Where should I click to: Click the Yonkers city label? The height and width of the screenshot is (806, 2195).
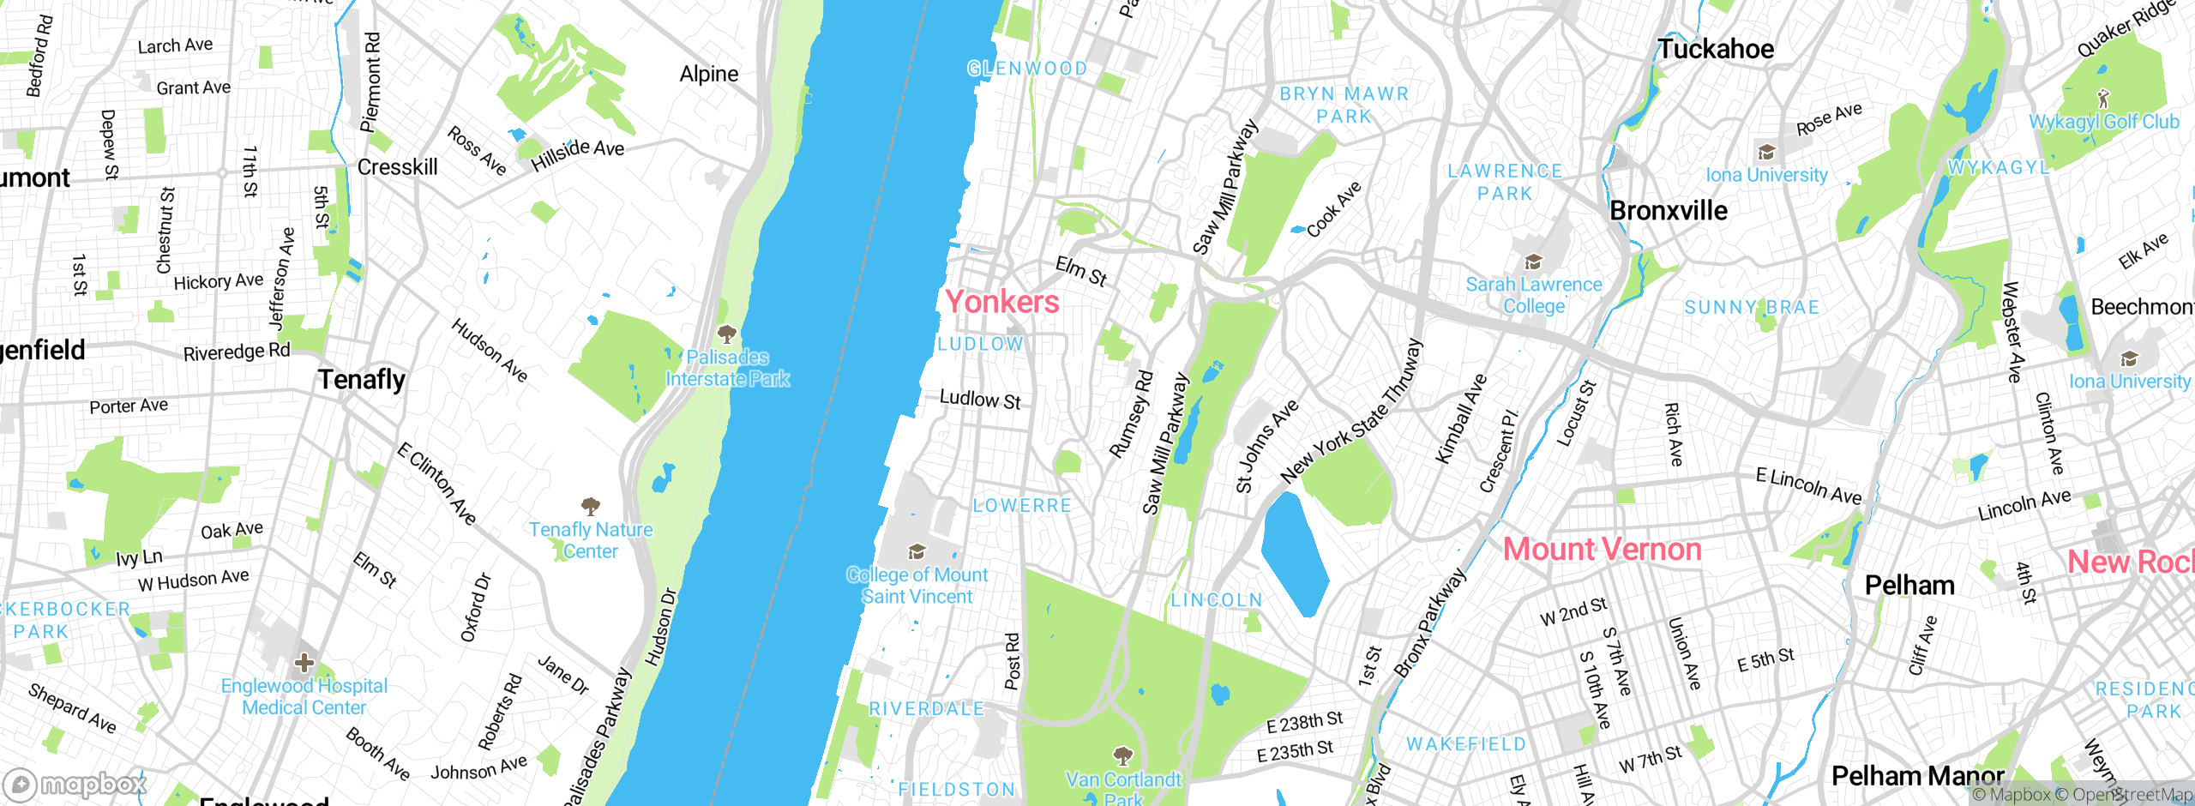pyautogui.click(x=1001, y=302)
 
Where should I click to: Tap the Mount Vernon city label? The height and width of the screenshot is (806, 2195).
pyautogui.click(x=1602, y=550)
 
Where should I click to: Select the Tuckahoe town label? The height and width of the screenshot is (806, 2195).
pyautogui.click(x=1715, y=49)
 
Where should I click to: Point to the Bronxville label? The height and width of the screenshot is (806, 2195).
pyautogui.click(x=1669, y=211)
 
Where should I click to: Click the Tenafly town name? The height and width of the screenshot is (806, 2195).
pyautogui.click(x=361, y=379)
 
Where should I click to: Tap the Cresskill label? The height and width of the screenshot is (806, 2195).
pyautogui.click(x=397, y=167)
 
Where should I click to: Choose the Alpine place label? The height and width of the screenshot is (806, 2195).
pyautogui.click(x=708, y=75)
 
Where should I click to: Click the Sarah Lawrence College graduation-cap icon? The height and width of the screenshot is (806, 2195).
pyautogui.click(x=1533, y=262)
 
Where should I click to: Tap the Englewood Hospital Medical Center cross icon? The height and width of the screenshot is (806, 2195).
pyautogui.click(x=304, y=663)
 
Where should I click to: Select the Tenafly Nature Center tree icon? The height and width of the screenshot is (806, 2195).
pyautogui.click(x=590, y=506)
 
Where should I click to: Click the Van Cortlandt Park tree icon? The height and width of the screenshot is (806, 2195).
pyautogui.click(x=1122, y=755)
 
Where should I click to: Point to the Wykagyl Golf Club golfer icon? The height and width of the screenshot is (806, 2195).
pyautogui.click(x=2102, y=98)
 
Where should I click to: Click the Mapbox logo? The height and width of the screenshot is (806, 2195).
pyautogui.click(x=75, y=785)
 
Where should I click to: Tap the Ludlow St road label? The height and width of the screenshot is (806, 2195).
pyautogui.click(x=980, y=400)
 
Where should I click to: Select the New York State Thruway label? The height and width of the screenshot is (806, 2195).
pyautogui.click(x=1351, y=411)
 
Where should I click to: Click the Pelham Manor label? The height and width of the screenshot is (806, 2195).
pyautogui.click(x=1917, y=776)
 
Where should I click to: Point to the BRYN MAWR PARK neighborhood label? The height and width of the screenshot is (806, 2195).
pyautogui.click(x=1344, y=105)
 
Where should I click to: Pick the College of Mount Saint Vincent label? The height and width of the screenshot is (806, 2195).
pyautogui.click(x=917, y=586)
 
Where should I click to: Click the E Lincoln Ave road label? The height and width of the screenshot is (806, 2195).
pyautogui.click(x=1808, y=486)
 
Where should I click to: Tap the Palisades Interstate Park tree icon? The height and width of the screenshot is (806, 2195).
pyautogui.click(x=726, y=334)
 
